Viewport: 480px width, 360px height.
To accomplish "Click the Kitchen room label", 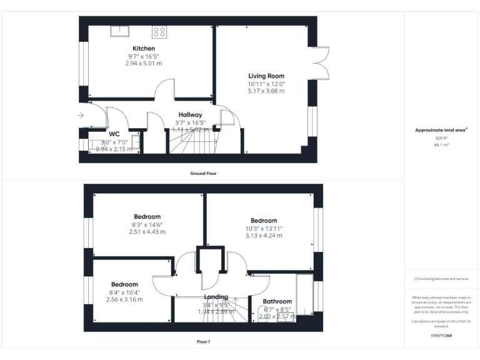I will pos(144,48).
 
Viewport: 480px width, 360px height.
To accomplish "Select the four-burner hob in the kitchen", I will pos(159,31).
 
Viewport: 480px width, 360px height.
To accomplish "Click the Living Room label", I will pos(266,76).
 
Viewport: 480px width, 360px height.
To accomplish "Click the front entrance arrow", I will pos(81,115).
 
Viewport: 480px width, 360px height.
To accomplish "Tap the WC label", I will pos(114,134).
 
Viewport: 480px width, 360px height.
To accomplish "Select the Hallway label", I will pos(190,114).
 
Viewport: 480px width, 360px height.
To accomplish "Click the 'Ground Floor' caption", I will pos(203,173).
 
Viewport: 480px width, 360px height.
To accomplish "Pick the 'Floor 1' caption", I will pos(203,342).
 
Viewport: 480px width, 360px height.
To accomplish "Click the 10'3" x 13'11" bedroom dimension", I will pos(264,228).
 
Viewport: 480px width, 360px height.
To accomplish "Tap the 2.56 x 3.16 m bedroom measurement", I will pos(124,299).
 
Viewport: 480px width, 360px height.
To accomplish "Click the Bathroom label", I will pos(276,301).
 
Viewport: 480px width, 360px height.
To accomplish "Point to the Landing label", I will pos(216,297).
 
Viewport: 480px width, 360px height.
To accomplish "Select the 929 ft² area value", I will pos(442,137).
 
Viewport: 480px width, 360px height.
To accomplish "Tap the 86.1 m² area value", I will pos(442,144).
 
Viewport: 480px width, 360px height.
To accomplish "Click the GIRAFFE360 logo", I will pos(441,336).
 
